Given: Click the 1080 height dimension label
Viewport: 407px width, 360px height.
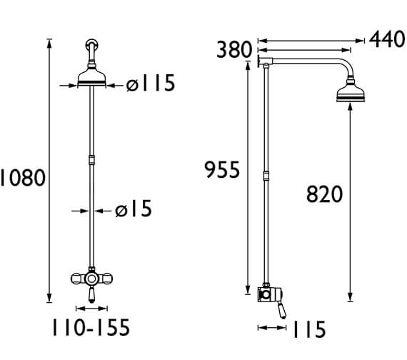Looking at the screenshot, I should tap(23, 178).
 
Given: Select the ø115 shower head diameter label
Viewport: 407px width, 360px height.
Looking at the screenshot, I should tap(150, 84).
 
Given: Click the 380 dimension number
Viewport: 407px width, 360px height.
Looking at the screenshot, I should tap(234, 50).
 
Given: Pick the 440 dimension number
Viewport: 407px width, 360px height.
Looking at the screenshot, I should tap(387, 39).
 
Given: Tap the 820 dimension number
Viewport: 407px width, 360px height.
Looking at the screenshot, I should tap(325, 194).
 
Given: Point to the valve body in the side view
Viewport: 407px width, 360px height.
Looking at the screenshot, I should tap(266, 293).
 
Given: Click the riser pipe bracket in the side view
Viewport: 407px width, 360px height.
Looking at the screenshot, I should tap(266, 176).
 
